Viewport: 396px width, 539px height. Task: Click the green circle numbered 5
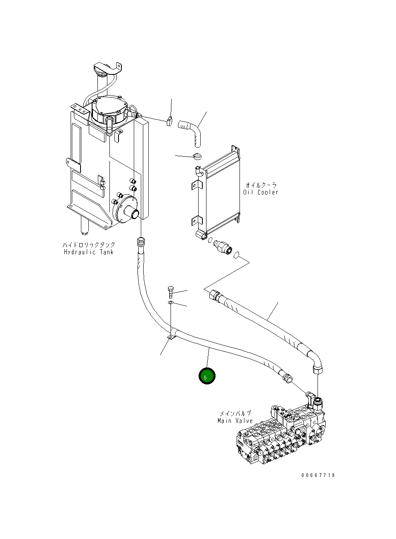pos(207,376)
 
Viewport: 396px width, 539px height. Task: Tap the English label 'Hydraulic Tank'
pos(88,252)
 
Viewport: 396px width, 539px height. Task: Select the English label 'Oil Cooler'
pos(261,192)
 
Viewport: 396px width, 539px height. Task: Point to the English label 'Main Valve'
pos(235,421)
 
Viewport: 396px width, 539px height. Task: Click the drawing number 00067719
pos(318,475)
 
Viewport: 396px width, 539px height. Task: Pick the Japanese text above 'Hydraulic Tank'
pos(89,245)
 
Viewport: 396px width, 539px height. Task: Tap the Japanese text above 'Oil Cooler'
pos(261,185)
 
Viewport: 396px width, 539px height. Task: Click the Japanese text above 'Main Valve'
pos(235,413)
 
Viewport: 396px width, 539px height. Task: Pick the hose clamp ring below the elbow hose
pos(197,156)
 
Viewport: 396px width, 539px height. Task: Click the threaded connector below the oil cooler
pos(222,247)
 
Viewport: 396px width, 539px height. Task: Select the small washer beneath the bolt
pos(171,304)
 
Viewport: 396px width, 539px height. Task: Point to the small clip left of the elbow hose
pos(169,121)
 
